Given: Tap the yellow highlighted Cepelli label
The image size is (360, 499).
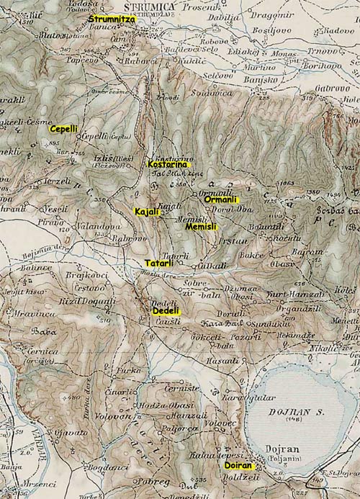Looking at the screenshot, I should pos(63,128).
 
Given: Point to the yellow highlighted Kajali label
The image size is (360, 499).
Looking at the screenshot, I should pos(146,211).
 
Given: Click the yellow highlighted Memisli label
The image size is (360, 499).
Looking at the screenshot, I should pos(202,226).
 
